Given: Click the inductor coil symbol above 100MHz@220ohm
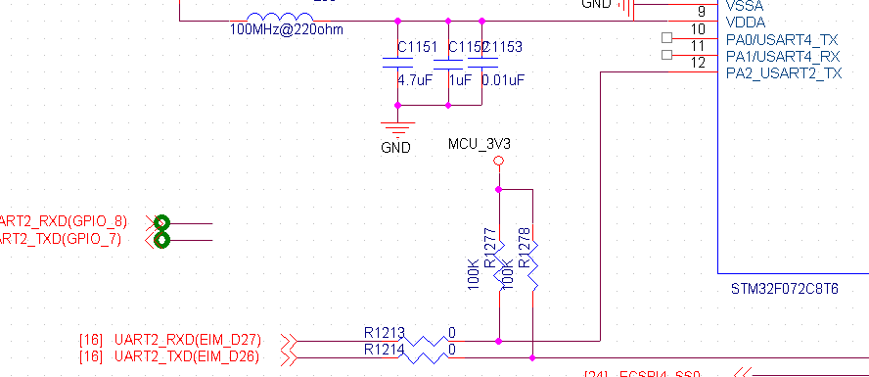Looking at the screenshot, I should point(281,18).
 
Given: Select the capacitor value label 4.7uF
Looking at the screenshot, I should point(414,79).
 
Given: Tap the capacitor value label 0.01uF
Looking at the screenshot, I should point(503,79).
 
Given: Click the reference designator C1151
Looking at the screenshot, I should point(418,48).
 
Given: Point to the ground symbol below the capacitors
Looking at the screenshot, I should point(396,125).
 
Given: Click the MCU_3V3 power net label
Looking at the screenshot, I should point(480,144).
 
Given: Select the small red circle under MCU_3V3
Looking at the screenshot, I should point(499,161).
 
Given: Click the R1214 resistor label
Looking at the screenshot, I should point(383,349).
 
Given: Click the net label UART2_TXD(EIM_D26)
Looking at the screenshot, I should point(187,356).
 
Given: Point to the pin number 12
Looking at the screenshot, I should point(698,63).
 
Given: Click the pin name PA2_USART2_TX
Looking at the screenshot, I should point(784,73).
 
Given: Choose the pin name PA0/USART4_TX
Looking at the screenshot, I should point(783,39).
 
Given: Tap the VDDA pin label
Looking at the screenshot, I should point(746,22).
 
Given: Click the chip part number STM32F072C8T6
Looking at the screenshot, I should point(786,290).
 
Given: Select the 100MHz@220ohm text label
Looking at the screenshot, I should point(286,29).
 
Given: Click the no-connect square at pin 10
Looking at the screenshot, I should point(667,38).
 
